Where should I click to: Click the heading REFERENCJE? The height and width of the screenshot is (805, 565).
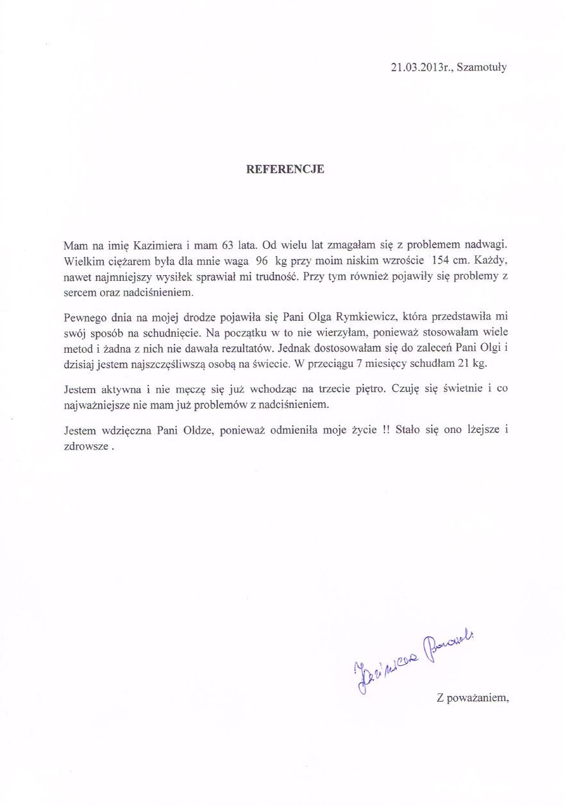pos(285,170)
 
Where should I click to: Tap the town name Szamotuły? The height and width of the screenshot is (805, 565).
pos(482,67)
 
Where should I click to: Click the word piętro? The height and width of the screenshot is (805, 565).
pos(369,389)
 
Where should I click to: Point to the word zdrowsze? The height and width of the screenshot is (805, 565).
pos(86,447)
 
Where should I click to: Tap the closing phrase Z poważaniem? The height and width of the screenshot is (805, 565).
pos(472,699)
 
